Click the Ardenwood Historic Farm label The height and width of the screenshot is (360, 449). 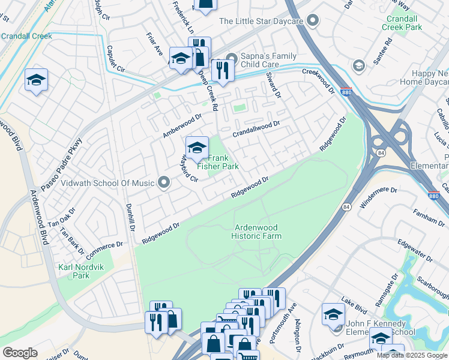pyautogui.click(x=256, y=232)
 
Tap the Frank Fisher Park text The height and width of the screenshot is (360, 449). pyautogui.click(x=223, y=162)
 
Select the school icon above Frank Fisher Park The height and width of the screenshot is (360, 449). pyautogui.click(x=197, y=147)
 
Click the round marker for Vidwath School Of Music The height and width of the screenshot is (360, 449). pyautogui.click(x=163, y=183)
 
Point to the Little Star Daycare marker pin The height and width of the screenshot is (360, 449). pyautogui.click(x=312, y=21)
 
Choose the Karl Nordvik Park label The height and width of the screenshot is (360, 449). pyautogui.click(x=73, y=271)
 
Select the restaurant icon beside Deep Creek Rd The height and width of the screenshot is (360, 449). pyautogui.click(x=223, y=71)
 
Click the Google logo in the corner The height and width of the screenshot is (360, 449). pyautogui.click(x=20, y=352)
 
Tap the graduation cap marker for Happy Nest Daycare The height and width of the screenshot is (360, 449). pyautogui.click(x=359, y=65)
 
